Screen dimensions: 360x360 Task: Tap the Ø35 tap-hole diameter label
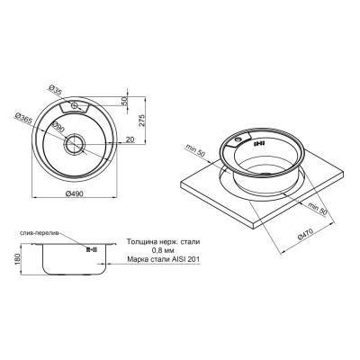(57, 91)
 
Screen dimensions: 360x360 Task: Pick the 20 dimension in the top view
(130, 139)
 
